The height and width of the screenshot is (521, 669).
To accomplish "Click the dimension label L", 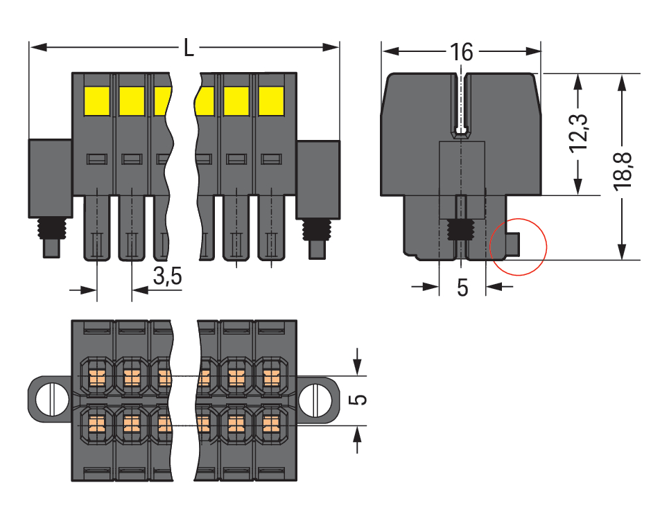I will [x=189, y=48].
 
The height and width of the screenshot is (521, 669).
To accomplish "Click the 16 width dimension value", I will [x=461, y=52].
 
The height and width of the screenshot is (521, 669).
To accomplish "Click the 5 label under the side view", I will [x=462, y=288].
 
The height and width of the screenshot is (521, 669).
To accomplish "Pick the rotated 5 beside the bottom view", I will [x=359, y=400].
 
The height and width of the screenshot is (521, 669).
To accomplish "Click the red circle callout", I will [x=519, y=247].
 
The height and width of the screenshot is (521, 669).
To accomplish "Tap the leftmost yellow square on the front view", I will [x=96, y=101].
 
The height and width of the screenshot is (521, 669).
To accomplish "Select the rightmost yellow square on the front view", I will [x=271, y=101].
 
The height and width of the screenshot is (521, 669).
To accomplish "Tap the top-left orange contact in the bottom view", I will [x=96, y=378].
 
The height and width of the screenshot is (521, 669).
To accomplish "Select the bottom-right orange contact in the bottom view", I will [x=271, y=421].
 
